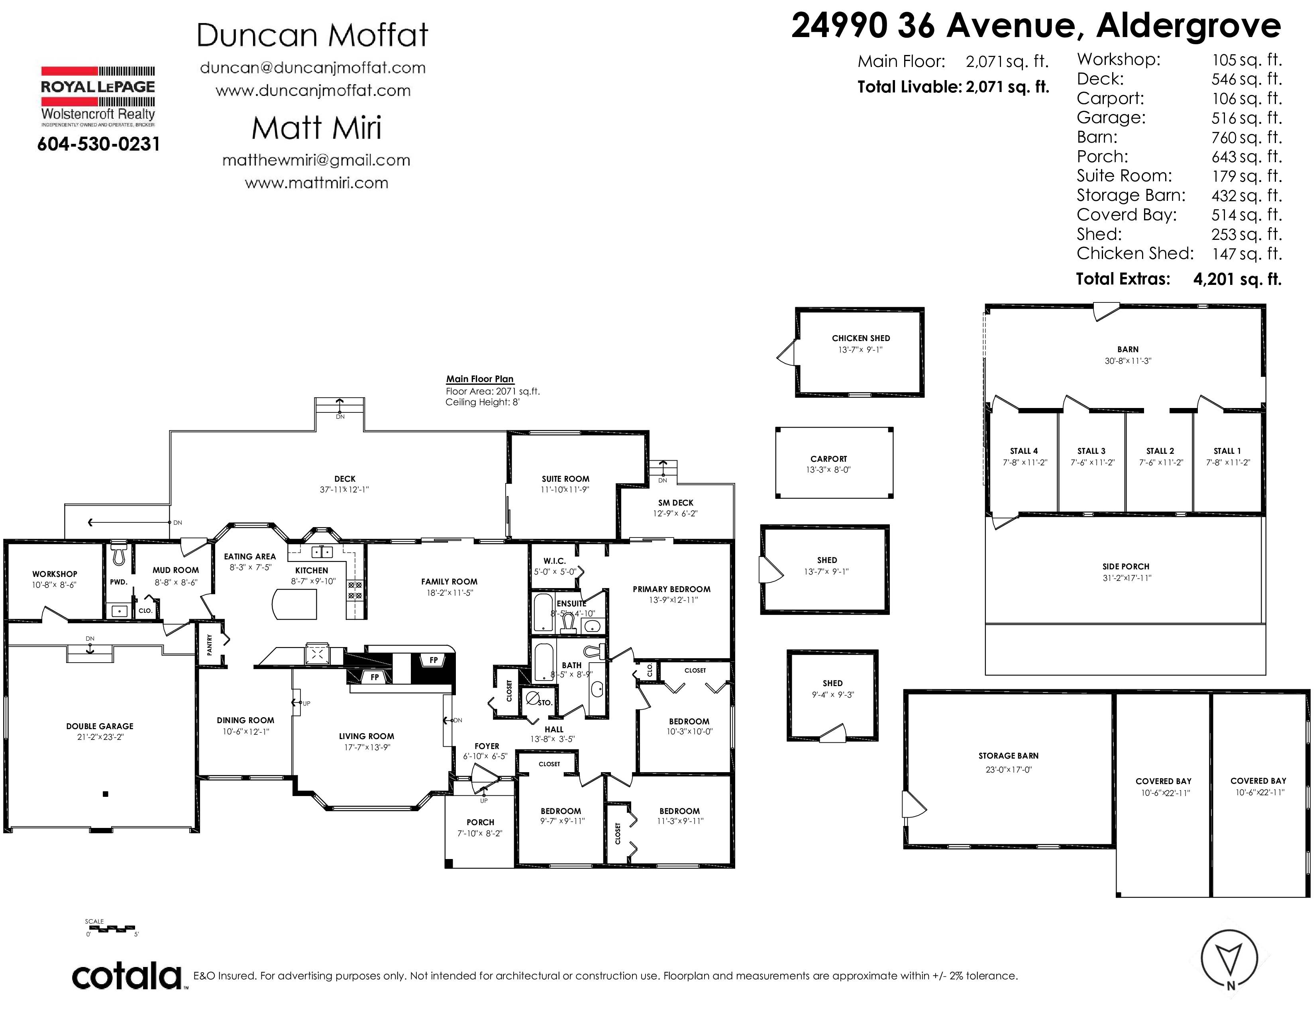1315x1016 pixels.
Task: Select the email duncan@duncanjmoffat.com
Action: pyautogui.click(x=312, y=68)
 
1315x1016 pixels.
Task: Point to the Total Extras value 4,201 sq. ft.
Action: pyautogui.click(x=1237, y=279)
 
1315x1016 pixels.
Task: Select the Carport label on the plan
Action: pyautogui.click(x=828, y=459)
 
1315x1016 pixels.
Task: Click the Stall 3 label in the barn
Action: pyautogui.click(x=1091, y=451)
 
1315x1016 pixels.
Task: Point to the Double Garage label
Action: pyautogui.click(x=100, y=726)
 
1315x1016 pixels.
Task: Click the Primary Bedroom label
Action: pyautogui.click(x=671, y=589)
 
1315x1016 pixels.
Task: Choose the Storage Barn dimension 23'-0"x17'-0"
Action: pyautogui.click(x=1009, y=769)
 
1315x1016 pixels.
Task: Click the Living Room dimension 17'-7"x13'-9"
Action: pyautogui.click(x=366, y=747)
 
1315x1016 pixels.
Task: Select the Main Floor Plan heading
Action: pyautogui.click(x=480, y=379)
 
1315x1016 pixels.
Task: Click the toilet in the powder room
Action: pyautogui.click(x=119, y=555)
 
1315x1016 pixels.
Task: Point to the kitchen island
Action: pyautogui.click(x=294, y=604)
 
